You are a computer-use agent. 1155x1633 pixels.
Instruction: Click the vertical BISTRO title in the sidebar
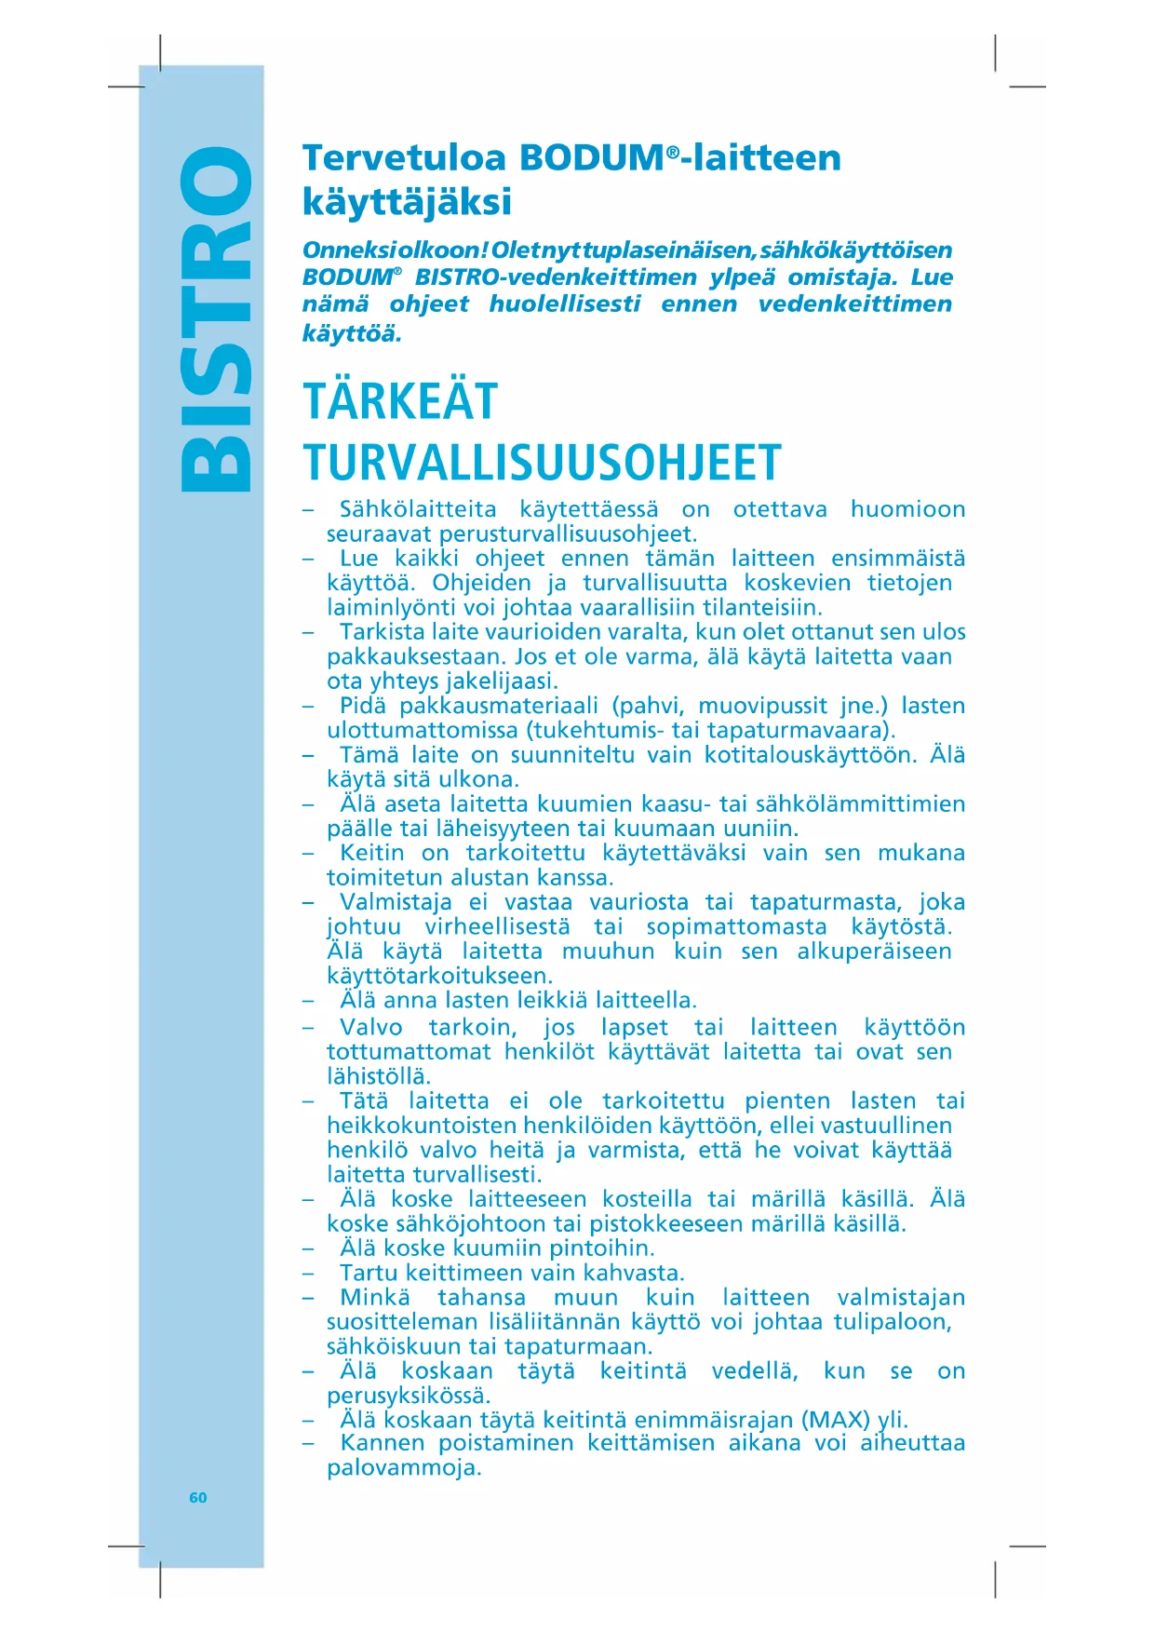[x=216, y=318]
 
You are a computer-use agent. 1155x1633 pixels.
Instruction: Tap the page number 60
[x=198, y=1497]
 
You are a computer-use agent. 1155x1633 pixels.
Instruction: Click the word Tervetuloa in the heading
[x=403, y=157]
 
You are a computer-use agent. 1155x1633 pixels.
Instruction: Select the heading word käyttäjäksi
[x=407, y=201]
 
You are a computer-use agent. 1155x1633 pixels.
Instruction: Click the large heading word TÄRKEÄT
[x=400, y=402]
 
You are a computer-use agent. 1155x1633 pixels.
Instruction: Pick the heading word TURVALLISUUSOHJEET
[x=542, y=463]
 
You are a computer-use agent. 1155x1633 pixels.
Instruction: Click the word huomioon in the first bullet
[x=907, y=509]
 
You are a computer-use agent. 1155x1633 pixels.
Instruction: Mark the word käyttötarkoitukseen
[x=439, y=976]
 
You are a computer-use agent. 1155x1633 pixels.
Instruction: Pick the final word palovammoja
[x=403, y=1468]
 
